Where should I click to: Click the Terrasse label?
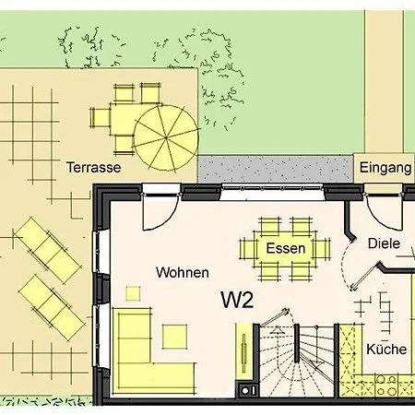click(x=94, y=168)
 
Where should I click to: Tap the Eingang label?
click(x=385, y=168)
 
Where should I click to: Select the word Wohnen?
click(x=183, y=273)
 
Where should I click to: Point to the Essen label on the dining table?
click(x=286, y=248)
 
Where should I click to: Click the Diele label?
click(x=385, y=243)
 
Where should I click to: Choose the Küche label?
click(x=386, y=350)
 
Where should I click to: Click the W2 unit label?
click(x=237, y=300)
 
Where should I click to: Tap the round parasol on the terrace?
click(x=166, y=138)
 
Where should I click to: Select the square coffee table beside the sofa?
click(x=174, y=337)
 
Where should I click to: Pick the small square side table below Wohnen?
click(x=133, y=293)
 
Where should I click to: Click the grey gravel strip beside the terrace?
click(x=276, y=169)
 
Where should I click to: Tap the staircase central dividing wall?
click(x=297, y=343)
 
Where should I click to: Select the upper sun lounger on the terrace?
click(x=48, y=250)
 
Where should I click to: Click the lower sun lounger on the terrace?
click(x=52, y=308)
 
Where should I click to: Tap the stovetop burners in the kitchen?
click(x=386, y=385)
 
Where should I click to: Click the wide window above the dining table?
click(x=272, y=192)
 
